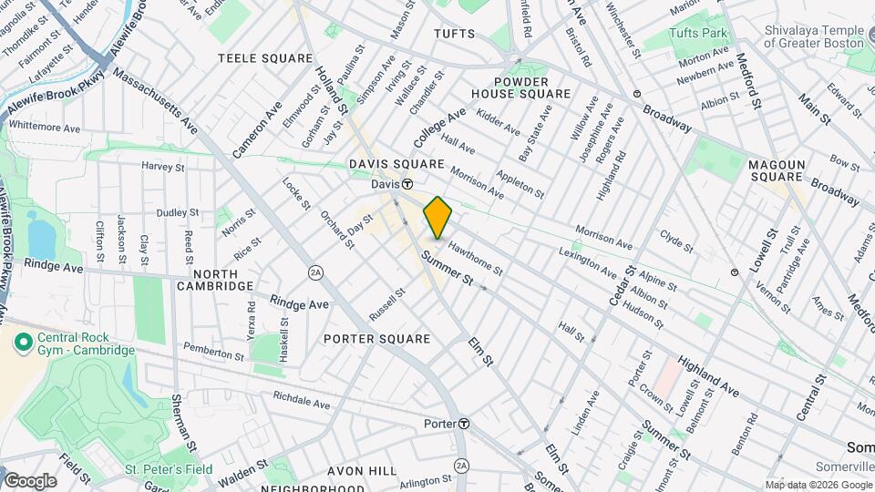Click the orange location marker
(437, 217)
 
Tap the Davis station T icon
(408, 183)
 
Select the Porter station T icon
(464, 424)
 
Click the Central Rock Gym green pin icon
(21, 343)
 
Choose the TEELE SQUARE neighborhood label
(265, 58)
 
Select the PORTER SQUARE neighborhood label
(376, 339)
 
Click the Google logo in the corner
(29, 480)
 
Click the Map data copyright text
(818, 485)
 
